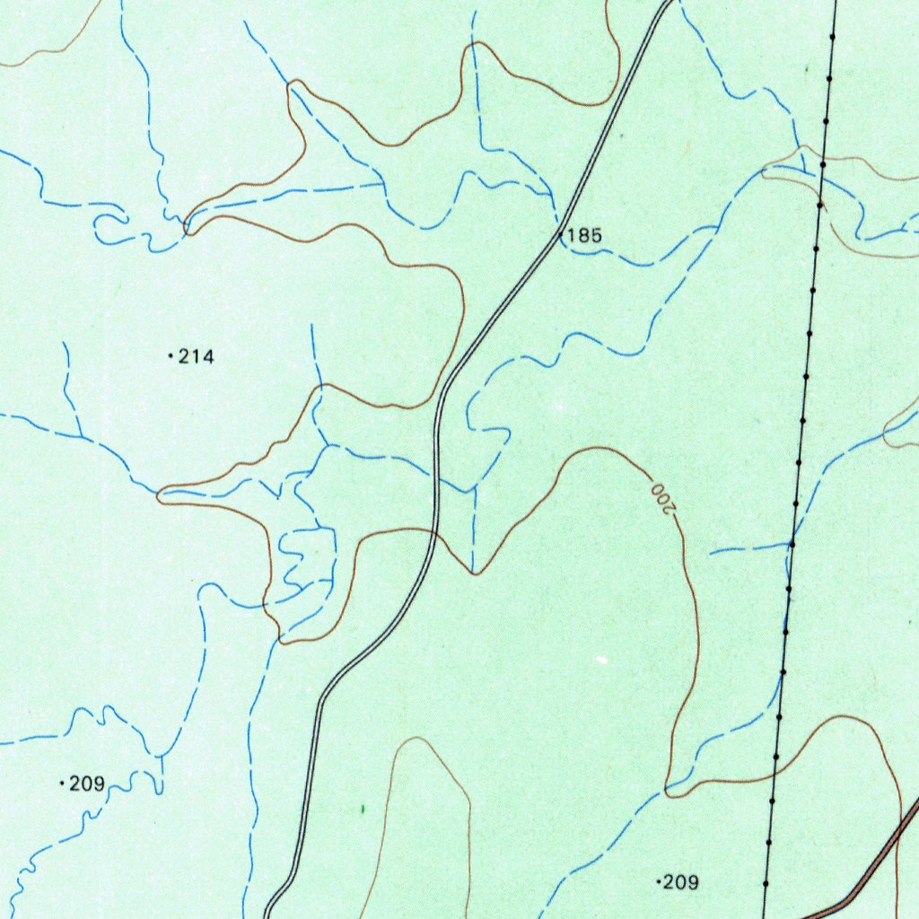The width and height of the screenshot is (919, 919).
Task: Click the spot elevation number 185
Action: point(585,236)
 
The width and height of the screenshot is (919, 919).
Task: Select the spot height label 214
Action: point(197,357)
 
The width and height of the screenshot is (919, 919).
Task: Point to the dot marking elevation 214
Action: point(171,357)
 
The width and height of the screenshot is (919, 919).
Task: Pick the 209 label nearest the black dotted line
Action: point(680,882)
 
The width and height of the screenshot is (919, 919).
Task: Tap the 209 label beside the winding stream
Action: point(87,784)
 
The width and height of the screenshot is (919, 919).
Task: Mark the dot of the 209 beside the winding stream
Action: point(61,784)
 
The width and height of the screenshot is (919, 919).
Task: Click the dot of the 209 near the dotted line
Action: point(660,882)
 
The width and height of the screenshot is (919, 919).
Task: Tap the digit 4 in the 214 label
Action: point(208,357)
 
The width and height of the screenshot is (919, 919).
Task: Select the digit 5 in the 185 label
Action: point(596,236)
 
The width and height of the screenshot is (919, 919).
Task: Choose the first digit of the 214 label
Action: point(185,357)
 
